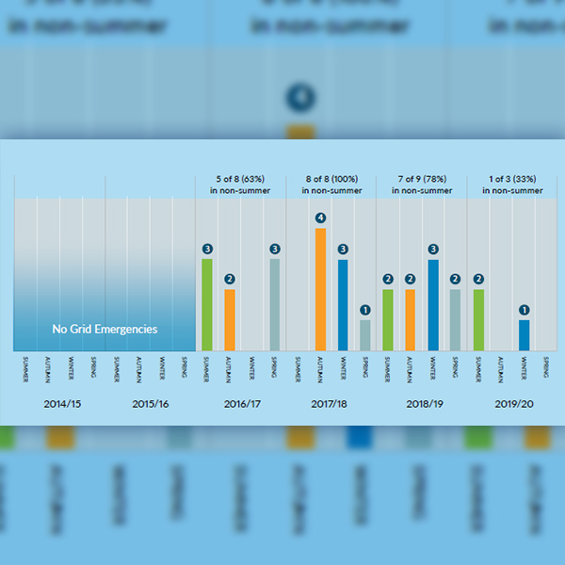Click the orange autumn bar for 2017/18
320,289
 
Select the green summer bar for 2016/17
207,304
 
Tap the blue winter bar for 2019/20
524,335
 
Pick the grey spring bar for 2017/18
365,335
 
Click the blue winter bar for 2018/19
433,304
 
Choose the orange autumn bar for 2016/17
230,319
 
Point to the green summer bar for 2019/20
478,319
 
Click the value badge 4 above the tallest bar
320,218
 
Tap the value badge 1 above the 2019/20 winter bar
524,310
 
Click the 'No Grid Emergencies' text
105,330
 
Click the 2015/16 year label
151,404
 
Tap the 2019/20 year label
512,404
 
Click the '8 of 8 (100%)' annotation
331,178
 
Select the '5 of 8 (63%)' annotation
241,178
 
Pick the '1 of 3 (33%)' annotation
512,178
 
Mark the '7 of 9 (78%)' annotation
422,178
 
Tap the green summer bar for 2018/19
388,319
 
